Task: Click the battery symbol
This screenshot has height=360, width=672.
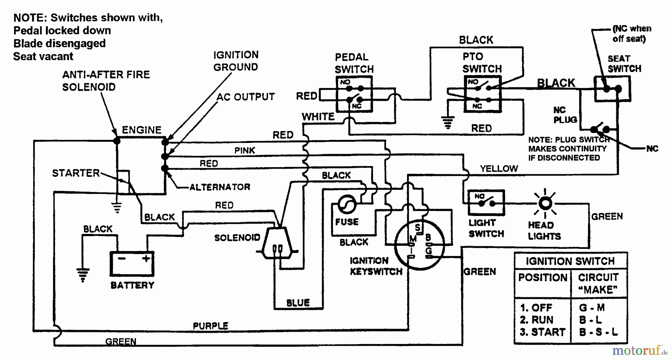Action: pos(132,263)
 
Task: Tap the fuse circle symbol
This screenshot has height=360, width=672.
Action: pos(347,204)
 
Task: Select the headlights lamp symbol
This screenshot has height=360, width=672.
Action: pos(545,203)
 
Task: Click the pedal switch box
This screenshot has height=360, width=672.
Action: pos(354,94)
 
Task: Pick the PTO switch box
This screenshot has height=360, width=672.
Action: pos(482,94)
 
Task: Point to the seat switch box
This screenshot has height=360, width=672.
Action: pos(612,89)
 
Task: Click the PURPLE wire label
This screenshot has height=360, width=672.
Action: pos(210,326)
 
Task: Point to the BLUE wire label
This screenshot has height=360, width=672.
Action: pos(298,303)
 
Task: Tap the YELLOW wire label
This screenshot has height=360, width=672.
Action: pos(499,169)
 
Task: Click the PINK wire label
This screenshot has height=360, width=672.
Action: pos(245,150)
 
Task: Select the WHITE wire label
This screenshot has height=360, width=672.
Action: pos(318,117)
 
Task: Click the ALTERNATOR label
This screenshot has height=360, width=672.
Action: pos(220,187)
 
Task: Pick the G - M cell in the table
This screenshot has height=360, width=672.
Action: pos(592,308)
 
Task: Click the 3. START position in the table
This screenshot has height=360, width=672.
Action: pos(542,332)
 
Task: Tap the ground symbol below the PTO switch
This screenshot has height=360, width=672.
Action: pos(448,122)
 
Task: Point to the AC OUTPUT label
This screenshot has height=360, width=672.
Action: pos(246,97)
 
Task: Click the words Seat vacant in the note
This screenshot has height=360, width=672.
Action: pos(43,56)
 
